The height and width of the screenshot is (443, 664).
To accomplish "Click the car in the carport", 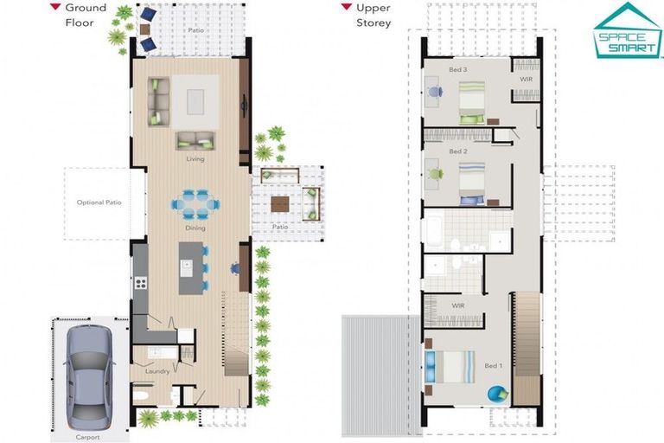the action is (x=89, y=377).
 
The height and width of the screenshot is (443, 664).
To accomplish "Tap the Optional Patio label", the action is (x=99, y=202).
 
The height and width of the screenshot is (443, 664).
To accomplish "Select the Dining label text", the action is (x=195, y=228).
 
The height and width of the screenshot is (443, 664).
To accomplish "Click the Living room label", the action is (x=195, y=159).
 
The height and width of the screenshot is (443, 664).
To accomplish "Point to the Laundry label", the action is (x=157, y=371).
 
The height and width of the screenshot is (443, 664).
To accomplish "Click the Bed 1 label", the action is (x=494, y=365).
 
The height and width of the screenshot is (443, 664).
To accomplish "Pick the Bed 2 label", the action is (x=458, y=151).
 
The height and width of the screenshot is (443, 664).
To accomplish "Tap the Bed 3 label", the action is (x=458, y=69).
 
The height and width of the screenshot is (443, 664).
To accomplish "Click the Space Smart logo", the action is (x=628, y=30).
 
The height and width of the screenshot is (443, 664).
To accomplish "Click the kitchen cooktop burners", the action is (x=141, y=283).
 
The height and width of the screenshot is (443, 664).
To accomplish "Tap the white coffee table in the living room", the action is (x=195, y=102).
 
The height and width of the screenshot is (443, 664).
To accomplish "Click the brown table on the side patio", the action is (x=280, y=204).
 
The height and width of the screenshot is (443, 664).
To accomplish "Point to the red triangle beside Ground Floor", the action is (x=55, y=6).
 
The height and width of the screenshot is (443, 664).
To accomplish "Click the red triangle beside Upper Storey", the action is (x=347, y=6).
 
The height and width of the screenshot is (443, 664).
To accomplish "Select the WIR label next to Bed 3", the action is (x=527, y=80).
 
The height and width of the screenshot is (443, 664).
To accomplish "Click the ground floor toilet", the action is (x=140, y=396).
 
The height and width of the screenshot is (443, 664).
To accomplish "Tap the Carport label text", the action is (x=87, y=437).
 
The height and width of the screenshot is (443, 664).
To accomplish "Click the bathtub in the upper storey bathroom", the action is (x=434, y=231).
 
